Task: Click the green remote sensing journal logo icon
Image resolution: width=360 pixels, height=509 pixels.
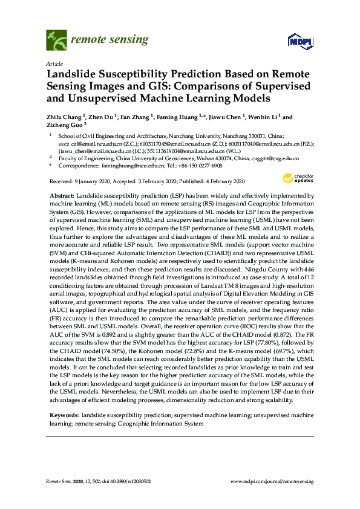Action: [x=56, y=41]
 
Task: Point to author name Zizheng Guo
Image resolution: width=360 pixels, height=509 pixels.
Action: [x=63, y=126]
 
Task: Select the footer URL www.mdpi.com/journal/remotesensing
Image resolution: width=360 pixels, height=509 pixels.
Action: [x=272, y=481]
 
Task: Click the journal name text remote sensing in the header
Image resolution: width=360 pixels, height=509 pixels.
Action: [x=110, y=41]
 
